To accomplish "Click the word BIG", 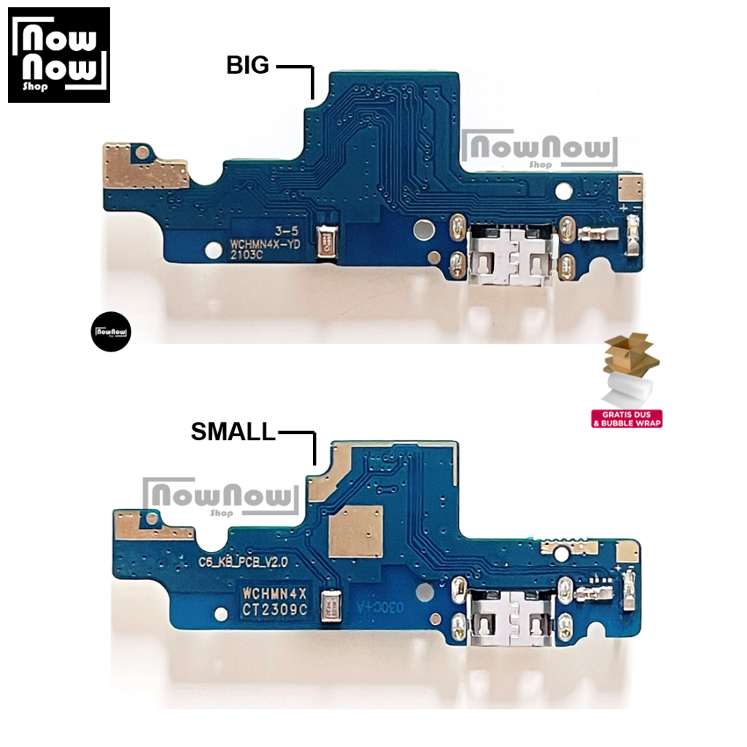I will (248, 66).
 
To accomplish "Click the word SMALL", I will (233, 432).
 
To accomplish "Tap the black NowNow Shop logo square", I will (59, 55).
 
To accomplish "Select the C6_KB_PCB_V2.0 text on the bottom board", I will (244, 562).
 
